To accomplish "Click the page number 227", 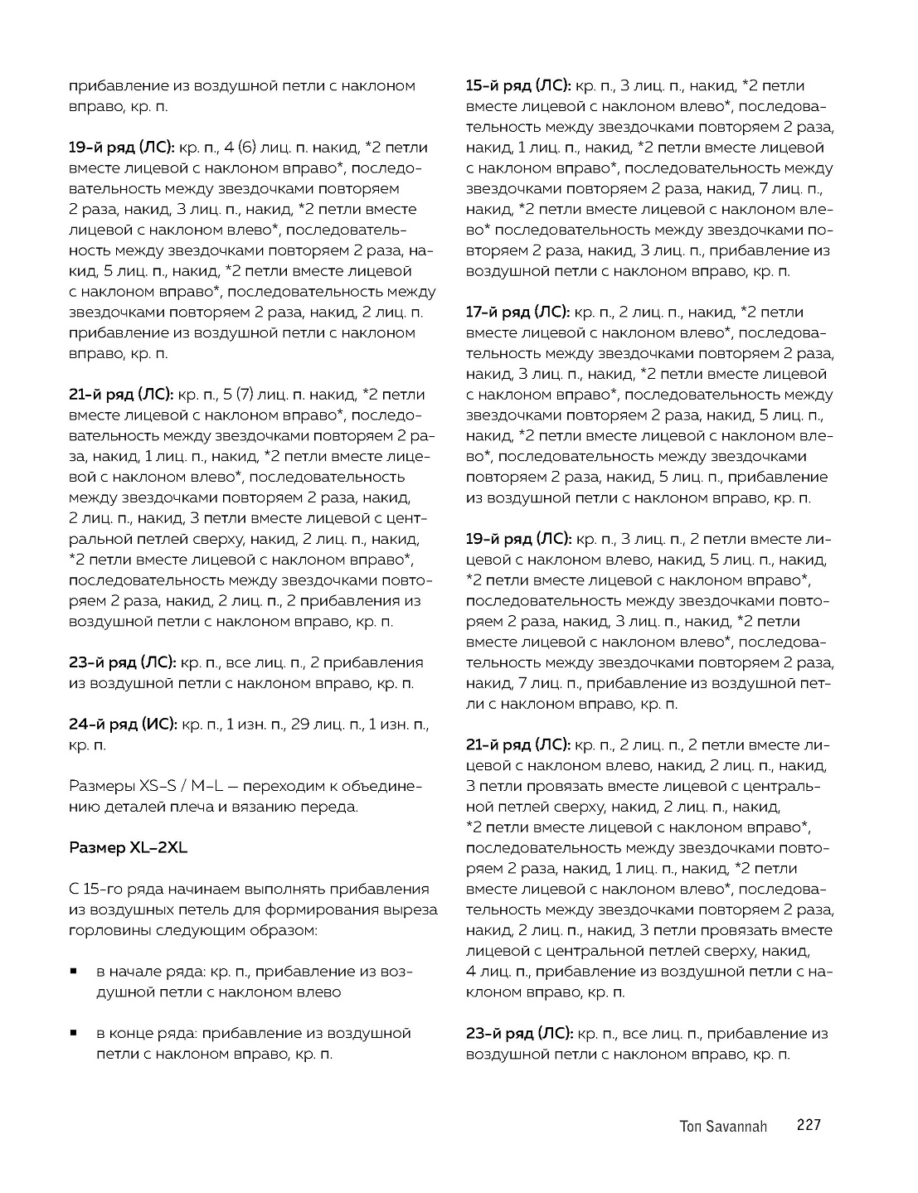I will coord(808,1125).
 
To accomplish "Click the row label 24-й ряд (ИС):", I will coord(123,725).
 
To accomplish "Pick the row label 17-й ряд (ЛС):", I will coord(517,312).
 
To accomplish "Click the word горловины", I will coord(104,930).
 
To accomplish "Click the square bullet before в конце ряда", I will coord(75,1034).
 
